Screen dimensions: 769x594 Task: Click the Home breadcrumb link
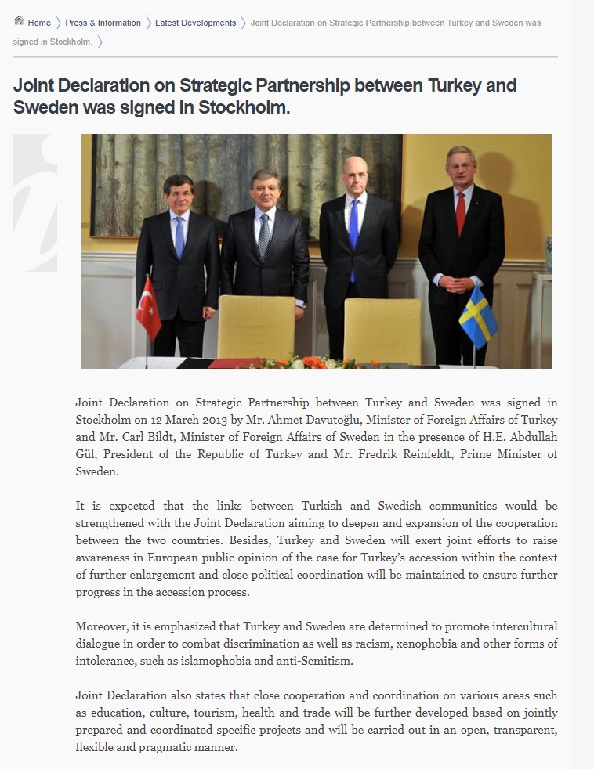[39, 23]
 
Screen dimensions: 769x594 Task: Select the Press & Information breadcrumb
[103, 23]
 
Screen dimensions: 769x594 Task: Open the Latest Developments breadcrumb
[195, 23]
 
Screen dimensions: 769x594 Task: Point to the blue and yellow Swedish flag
[477, 316]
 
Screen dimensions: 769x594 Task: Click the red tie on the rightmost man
[460, 214]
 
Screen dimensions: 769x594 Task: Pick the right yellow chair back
[382, 329]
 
